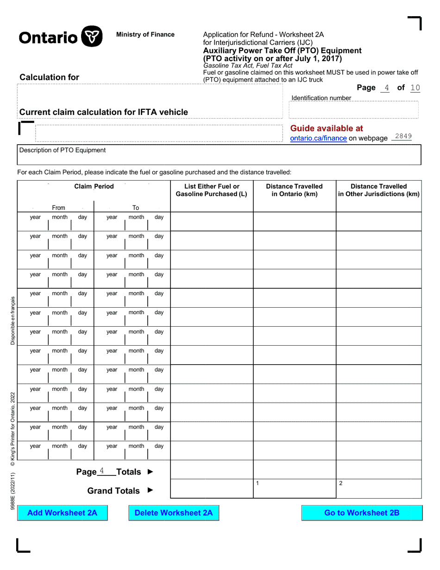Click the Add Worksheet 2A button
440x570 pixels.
(x=62, y=513)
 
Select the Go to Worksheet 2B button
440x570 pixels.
(x=362, y=513)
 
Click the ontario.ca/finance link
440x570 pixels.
(x=318, y=138)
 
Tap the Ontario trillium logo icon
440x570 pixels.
(x=92, y=37)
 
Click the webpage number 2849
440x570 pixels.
(x=401, y=136)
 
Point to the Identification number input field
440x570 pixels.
(x=353, y=111)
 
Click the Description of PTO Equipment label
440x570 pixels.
(x=63, y=150)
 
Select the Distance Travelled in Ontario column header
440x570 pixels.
(x=295, y=190)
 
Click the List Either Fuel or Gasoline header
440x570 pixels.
(x=212, y=190)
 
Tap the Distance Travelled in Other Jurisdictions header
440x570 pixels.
(x=378, y=190)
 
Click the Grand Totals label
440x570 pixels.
(x=113, y=491)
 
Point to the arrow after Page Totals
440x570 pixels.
(x=150, y=472)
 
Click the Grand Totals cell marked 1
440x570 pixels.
(x=295, y=489)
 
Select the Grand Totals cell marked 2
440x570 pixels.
(x=378, y=489)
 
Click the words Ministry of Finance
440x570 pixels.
(x=145, y=34)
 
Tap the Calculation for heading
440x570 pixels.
(x=49, y=77)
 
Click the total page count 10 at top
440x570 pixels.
(x=415, y=88)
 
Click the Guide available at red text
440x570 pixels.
(x=327, y=128)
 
